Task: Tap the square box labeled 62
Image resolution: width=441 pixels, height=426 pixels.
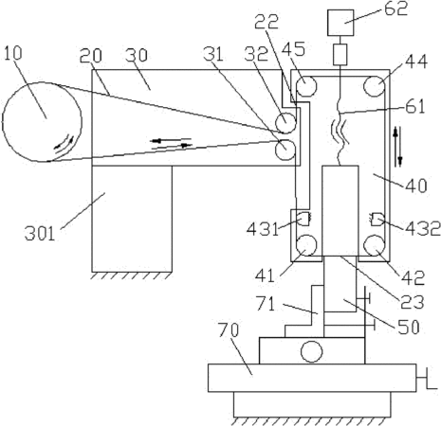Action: pos(340,23)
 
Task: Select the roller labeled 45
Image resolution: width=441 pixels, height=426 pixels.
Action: pos(306,86)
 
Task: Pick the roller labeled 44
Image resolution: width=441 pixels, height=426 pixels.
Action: pos(375,86)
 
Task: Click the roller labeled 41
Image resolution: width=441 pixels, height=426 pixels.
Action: pos(306,245)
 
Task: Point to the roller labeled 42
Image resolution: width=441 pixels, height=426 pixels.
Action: pos(375,245)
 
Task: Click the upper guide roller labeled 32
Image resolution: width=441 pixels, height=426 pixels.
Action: pos(285,123)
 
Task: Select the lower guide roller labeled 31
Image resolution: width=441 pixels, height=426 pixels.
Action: pos(285,150)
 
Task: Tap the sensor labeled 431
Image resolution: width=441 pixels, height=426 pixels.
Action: pos(304,219)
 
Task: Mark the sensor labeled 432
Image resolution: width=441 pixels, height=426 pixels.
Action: pos(377,220)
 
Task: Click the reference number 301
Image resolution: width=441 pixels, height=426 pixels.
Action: pos(40,234)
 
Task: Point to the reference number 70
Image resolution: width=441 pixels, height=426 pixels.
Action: pos(229,330)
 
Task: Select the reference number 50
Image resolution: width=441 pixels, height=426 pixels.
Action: pos(409,327)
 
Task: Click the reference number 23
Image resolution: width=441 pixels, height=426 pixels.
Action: pos(413,302)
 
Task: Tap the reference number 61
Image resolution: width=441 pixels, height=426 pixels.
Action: pos(415,106)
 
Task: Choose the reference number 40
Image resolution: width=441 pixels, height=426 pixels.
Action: pos(416,186)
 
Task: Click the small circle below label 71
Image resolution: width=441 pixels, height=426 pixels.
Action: pos(312,351)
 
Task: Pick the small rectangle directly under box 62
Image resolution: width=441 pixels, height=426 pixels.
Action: pos(340,54)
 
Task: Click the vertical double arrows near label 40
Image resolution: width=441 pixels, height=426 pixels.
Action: pos(397,147)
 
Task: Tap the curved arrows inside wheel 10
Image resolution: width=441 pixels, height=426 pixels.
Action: pos(64,145)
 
